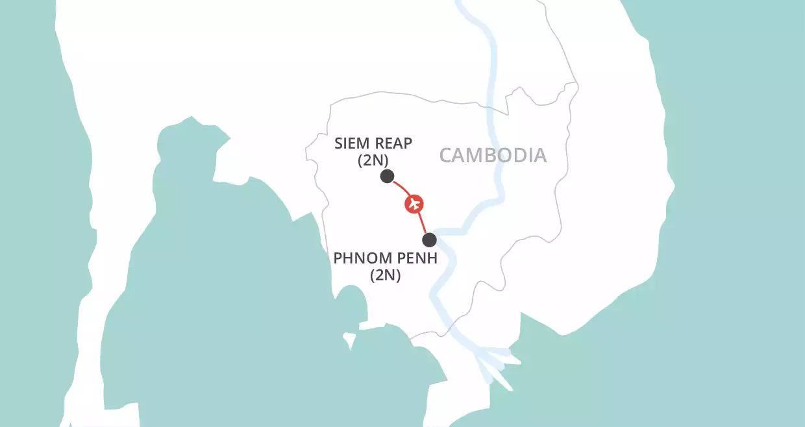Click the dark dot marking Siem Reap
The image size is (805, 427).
point(387,176)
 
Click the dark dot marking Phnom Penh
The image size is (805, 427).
point(429,240)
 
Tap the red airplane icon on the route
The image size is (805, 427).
point(414,204)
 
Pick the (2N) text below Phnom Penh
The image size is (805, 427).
point(386,275)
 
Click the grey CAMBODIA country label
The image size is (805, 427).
point(493,156)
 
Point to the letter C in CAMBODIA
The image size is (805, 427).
point(446,156)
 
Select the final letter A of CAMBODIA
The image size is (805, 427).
point(539,156)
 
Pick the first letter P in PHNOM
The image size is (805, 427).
point(339,258)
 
